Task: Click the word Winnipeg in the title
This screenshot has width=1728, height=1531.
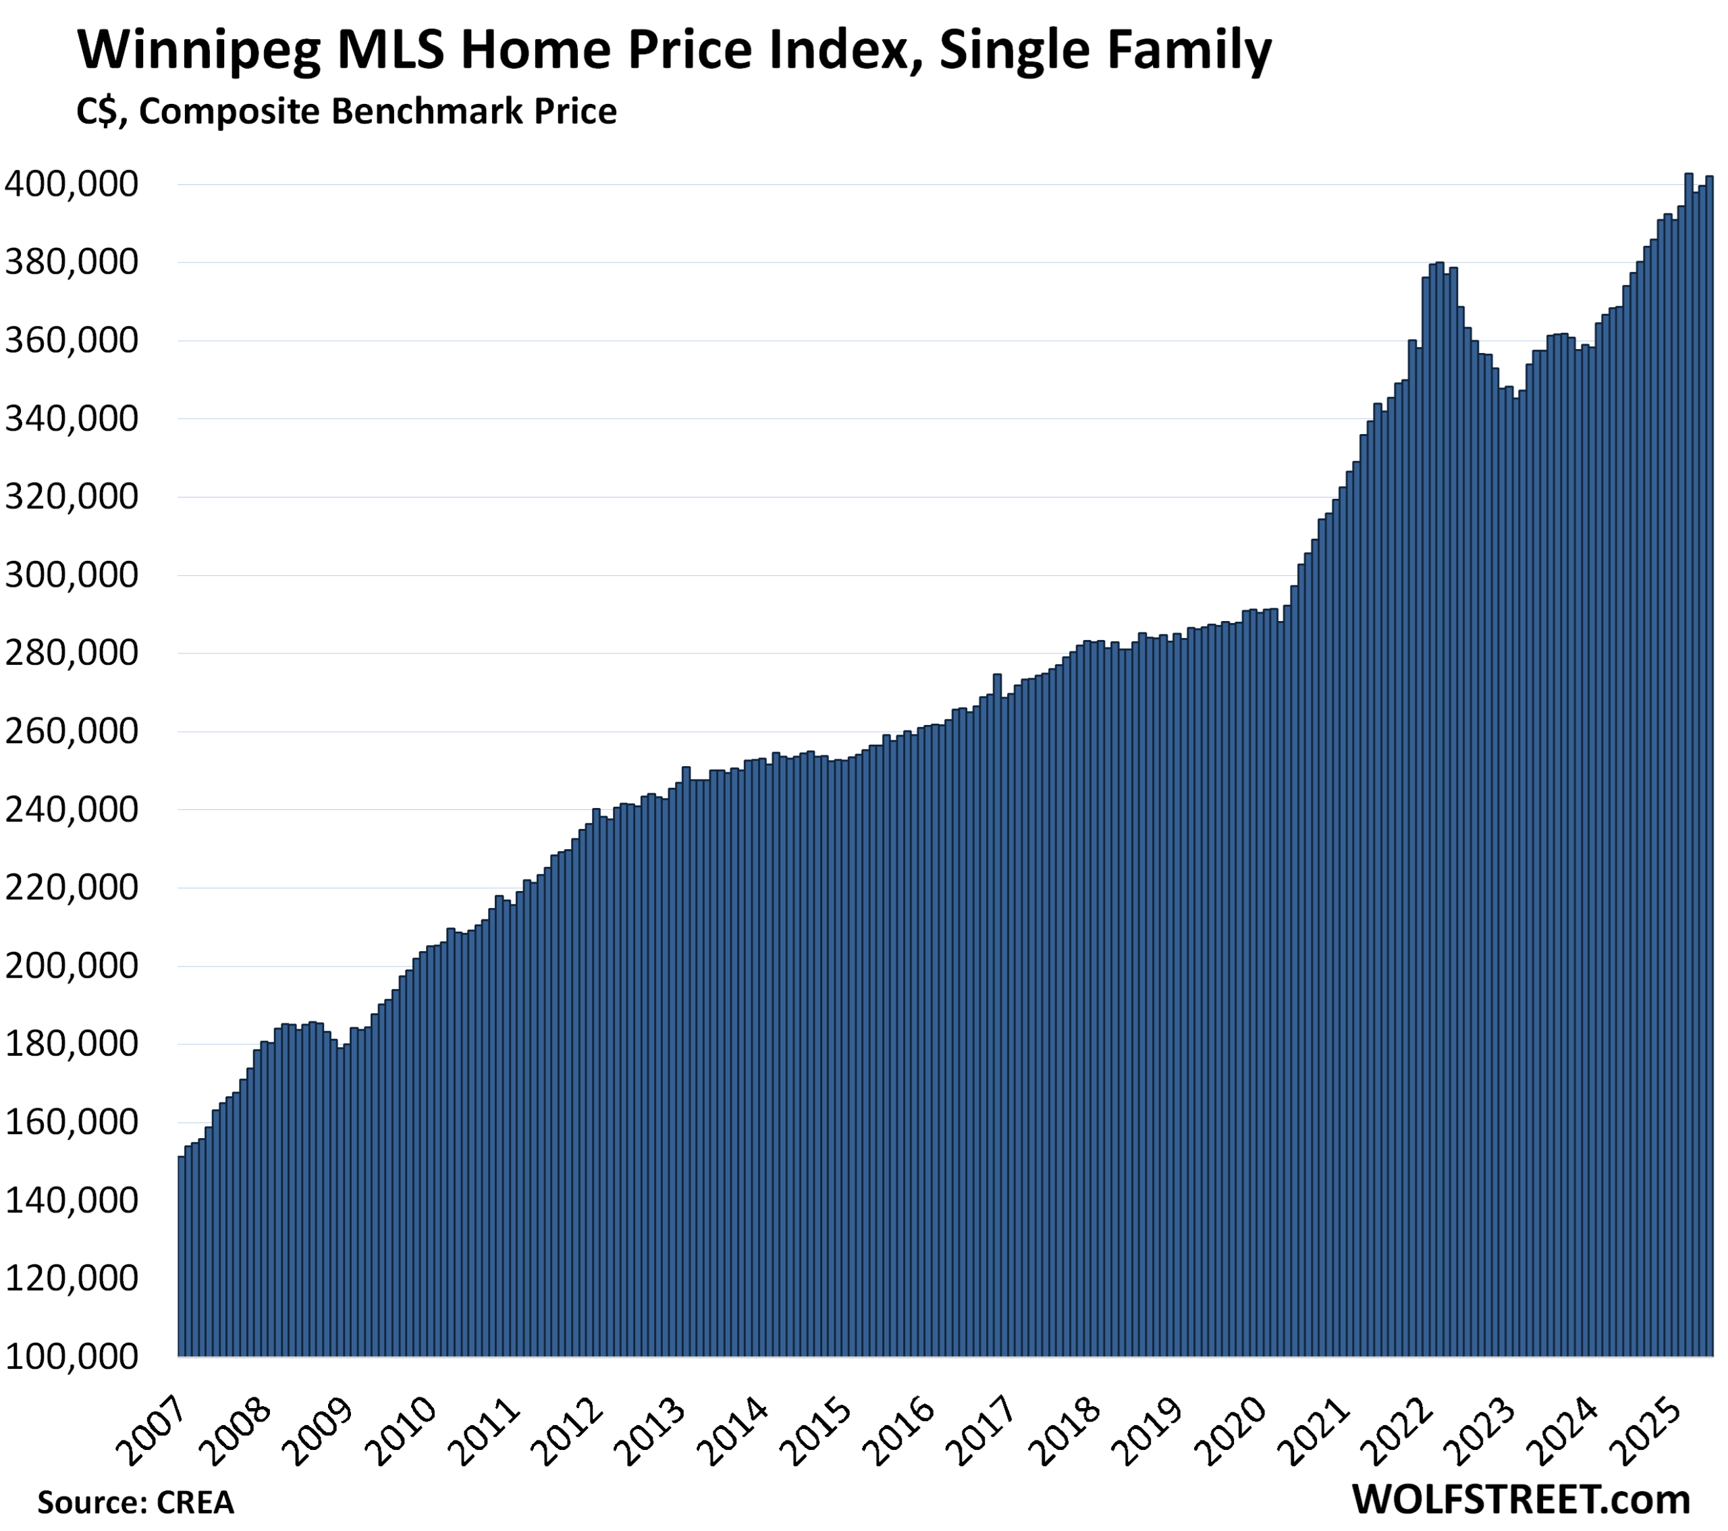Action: tap(198, 51)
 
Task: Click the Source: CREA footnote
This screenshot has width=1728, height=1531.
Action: tap(135, 1502)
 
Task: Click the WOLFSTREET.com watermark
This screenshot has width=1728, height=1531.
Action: tap(1521, 1499)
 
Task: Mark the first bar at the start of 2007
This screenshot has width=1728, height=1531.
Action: tap(181, 1251)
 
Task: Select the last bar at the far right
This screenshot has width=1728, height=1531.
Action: tap(1709, 761)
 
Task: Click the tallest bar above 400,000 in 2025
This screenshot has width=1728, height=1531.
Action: tap(1688, 761)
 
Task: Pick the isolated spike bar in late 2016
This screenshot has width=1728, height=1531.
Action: tap(998, 1015)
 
